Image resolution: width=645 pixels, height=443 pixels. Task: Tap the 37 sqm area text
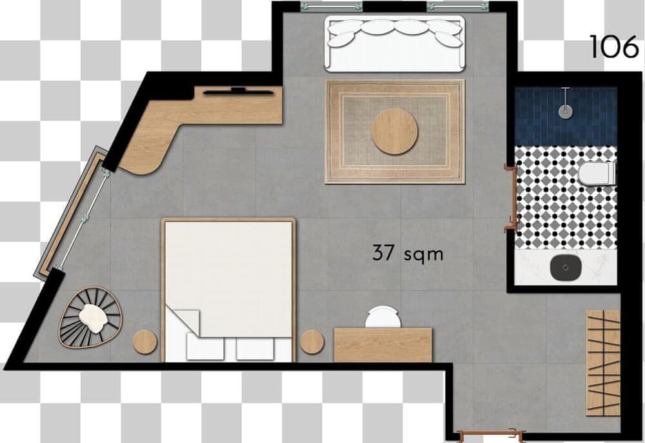click(x=408, y=252)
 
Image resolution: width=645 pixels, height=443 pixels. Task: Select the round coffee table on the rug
click(x=395, y=131)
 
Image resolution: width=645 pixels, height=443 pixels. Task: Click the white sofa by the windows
click(x=395, y=43)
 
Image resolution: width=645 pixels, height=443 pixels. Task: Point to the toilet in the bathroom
click(x=597, y=173)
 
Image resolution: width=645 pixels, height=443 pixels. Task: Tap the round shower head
click(x=566, y=111)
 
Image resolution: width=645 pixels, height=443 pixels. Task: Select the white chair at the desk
click(x=383, y=316)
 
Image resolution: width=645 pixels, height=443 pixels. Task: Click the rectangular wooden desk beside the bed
click(x=383, y=345)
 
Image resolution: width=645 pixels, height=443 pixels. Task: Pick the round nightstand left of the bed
click(x=144, y=342)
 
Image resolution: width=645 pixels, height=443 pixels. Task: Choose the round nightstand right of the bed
click(x=312, y=342)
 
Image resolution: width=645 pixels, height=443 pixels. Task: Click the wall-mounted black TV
click(x=238, y=92)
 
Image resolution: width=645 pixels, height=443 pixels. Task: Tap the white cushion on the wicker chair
click(x=94, y=318)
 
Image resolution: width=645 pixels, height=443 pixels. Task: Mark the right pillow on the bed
click(x=255, y=348)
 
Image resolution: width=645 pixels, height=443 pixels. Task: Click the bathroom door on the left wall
click(x=511, y=198)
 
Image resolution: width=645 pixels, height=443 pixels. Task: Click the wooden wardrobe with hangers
click(x=602, y=363)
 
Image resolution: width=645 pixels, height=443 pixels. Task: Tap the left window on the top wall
click(x=332, y=6)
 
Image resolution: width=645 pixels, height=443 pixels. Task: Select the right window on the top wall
click(x=458, y=6)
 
